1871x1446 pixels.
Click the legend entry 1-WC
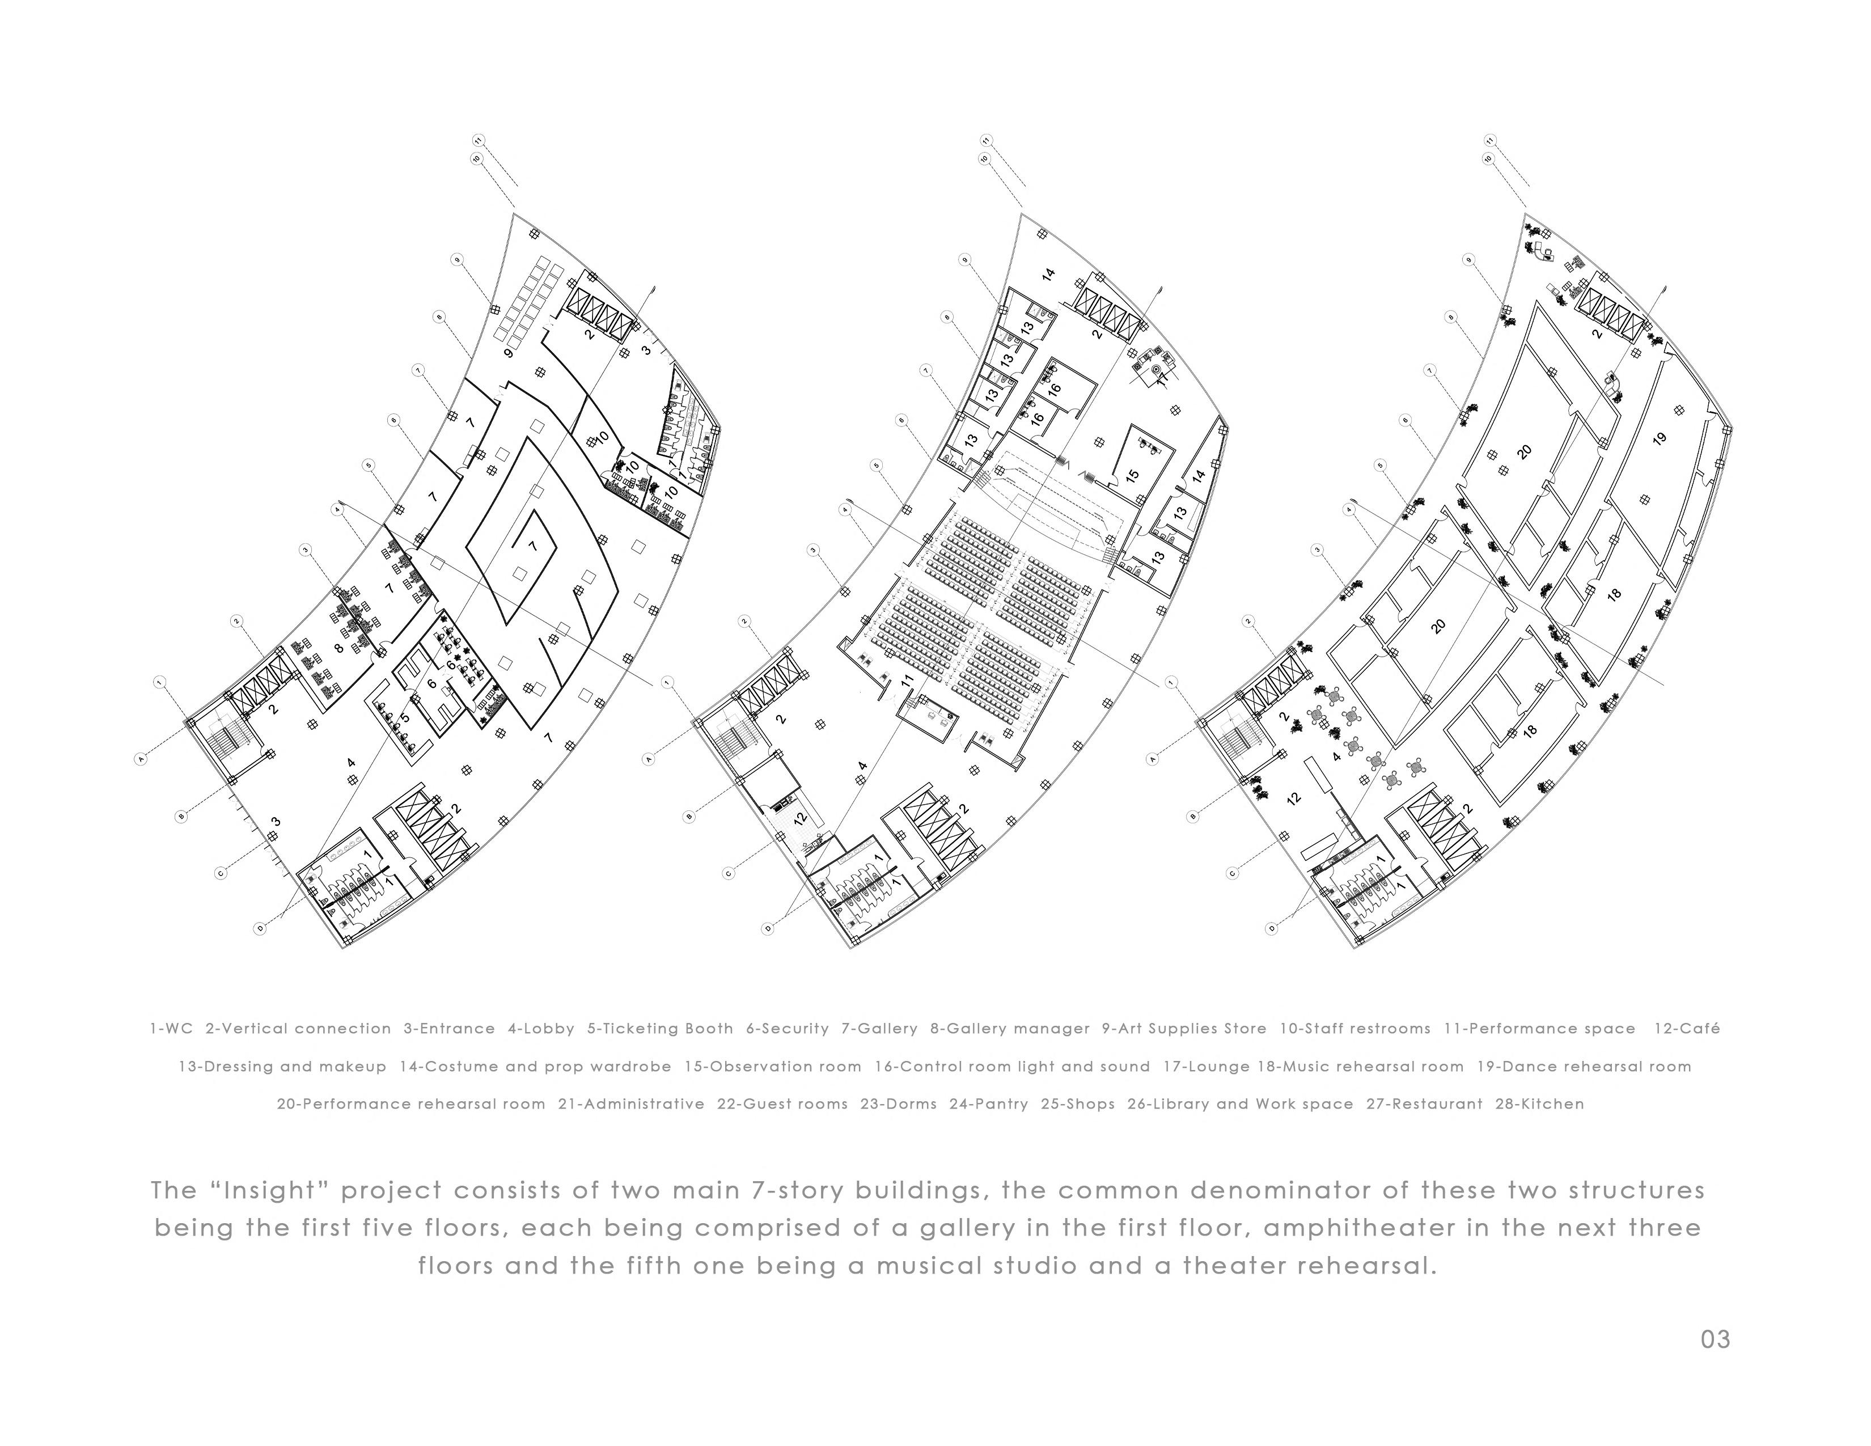[171, 1029]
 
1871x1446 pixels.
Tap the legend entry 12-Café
[1686, 1029]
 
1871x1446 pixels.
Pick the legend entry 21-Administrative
[632, 1104]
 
